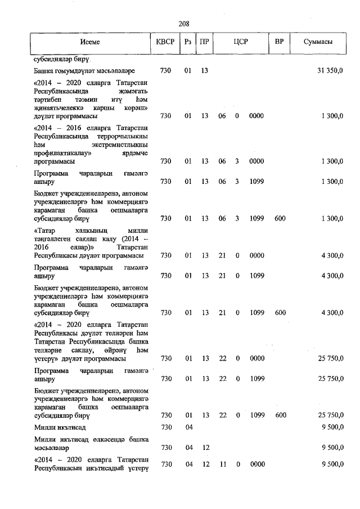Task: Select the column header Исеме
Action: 90,43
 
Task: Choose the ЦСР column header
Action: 241,43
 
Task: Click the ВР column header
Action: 279,43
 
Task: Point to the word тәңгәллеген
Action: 53,238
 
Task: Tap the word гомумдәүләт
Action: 75,71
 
